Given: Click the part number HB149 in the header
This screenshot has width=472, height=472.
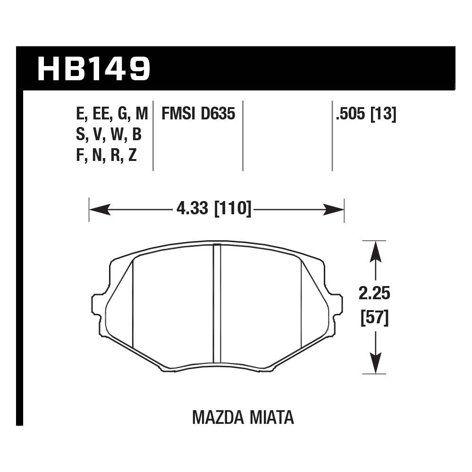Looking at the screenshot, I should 93,68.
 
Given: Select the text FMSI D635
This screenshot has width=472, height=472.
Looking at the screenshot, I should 198,114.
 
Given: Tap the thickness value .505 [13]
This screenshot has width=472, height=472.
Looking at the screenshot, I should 365,114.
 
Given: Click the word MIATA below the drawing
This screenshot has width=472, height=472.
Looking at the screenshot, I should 272,417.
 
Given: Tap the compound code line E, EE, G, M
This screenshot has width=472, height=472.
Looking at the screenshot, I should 111,114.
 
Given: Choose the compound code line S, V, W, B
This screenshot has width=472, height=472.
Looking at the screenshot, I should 109,135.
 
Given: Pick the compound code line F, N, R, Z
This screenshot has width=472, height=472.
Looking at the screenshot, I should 106,155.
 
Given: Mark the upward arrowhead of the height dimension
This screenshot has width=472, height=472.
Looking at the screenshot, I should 375,251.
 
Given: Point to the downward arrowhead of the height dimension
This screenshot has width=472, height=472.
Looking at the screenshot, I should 375,363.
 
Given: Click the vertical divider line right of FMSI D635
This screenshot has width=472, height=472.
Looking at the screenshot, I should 243,135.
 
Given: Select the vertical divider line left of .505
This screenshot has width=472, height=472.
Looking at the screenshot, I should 332,135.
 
